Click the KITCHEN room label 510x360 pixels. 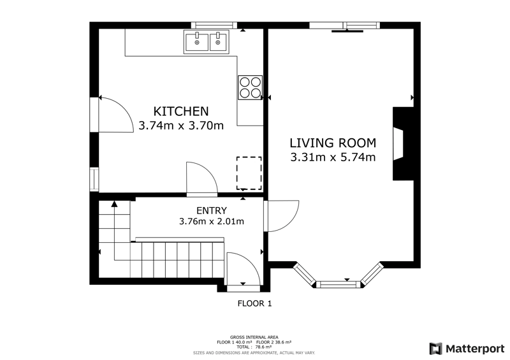(x=181, y=112)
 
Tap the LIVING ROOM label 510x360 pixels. (x=333, y=143)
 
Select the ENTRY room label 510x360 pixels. (x=212, y=211)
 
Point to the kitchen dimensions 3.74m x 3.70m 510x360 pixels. (x=181, y=126)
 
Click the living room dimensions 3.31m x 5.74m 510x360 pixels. (x=333, y=157)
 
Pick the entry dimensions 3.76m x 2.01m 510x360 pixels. (x=212, y=222)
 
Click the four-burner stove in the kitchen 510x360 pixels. (x=250, y=87)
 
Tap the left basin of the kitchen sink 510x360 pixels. (x=197, y=41)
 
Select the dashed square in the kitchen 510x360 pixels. (x=249, y=173)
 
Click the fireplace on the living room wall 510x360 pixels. (x=403, y=143)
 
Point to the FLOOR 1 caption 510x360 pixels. (x=254, y=304)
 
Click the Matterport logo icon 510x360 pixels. (x=435, y=349)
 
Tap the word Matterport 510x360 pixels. (x=475, y=349)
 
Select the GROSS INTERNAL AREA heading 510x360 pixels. (x=254, y=337)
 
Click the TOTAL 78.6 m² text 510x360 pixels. (x=254, y=347)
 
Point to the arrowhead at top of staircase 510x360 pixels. (x=114, y=204)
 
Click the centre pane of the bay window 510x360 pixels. (x=339, y=285)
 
